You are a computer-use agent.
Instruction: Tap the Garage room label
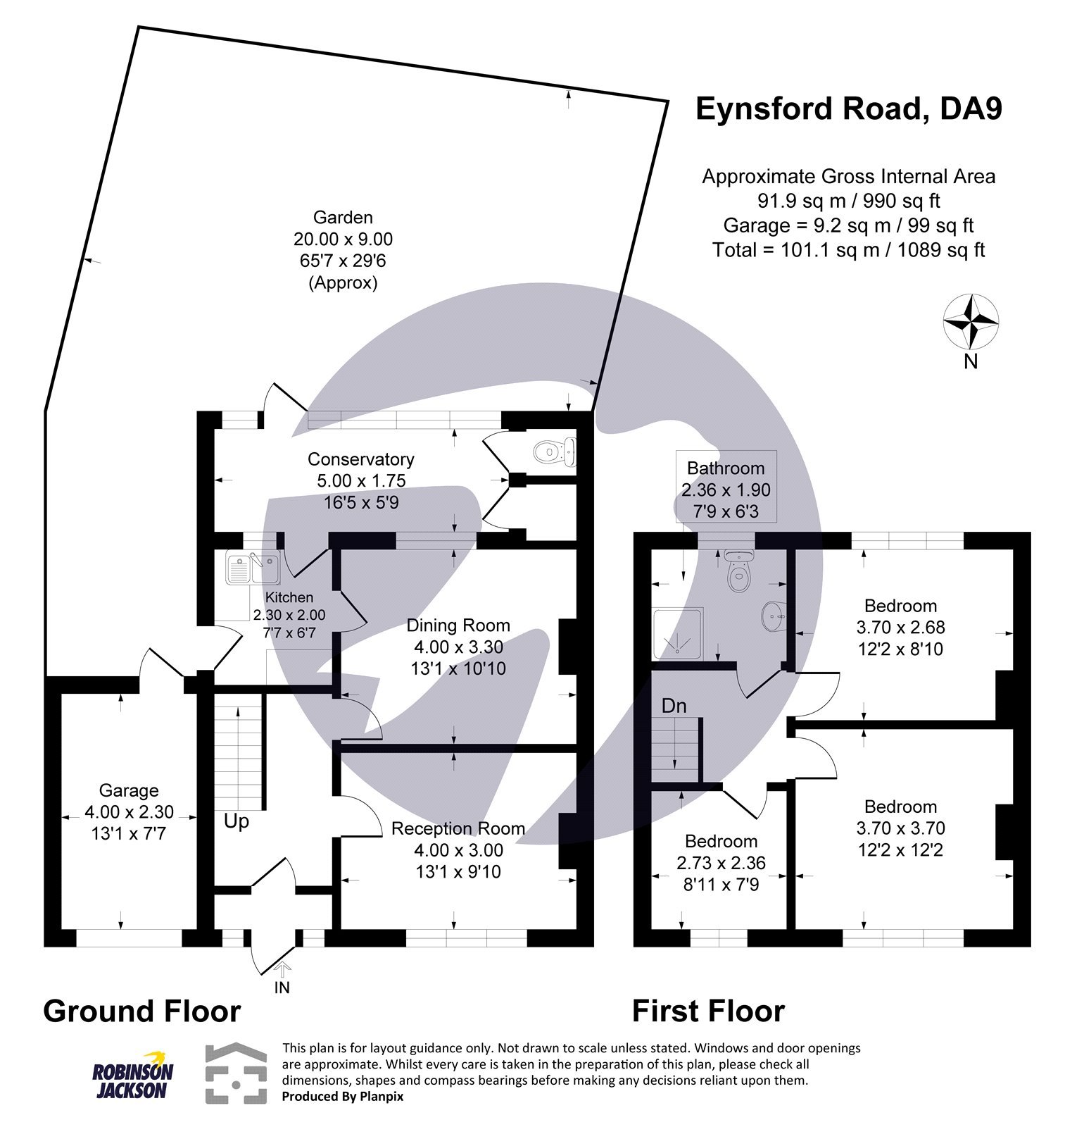[x=128, y=790]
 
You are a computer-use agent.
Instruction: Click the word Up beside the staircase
[x=237, y=821]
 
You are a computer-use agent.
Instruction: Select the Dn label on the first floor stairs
[x=674, y=706]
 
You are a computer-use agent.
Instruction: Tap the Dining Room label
[x=458, y=625]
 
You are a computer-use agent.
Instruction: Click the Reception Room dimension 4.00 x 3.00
[x=458, y=850]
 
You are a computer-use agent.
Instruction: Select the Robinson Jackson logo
[x=133, y=1075]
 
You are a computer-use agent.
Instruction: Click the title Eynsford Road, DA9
[x=848, y=109]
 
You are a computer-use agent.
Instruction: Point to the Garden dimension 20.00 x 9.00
[x=343, y=239]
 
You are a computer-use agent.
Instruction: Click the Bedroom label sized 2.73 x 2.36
[x=721, y=841]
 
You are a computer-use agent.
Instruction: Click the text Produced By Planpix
[x=342, y=1096]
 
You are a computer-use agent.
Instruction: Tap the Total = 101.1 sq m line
[x=848, y=250]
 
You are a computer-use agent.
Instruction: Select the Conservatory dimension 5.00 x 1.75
[x=360, y=481]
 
